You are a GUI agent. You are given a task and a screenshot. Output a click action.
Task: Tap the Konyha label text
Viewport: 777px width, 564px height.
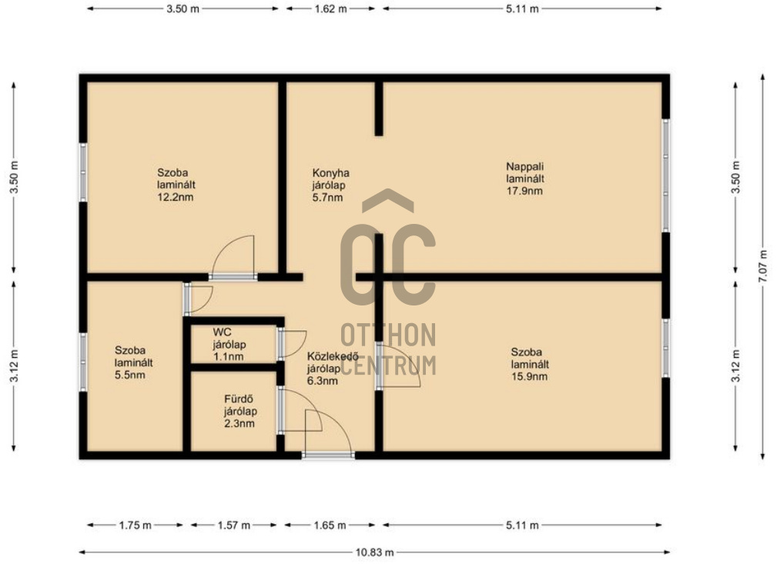tap(330, 173)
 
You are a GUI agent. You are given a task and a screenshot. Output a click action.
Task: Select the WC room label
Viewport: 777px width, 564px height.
tap(222, 332)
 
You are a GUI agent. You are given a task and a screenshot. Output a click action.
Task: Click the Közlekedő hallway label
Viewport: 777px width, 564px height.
tap(333, 356)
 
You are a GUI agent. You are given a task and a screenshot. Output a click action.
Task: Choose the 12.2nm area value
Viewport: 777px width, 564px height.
tap(175, 197)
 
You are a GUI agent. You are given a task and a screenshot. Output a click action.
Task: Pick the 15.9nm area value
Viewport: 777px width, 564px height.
tap(529, 376)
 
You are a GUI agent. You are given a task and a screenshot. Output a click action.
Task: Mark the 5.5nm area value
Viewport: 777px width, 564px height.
tap(130, 375)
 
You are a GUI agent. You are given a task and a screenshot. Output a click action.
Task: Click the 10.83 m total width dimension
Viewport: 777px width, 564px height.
tap(374, 552)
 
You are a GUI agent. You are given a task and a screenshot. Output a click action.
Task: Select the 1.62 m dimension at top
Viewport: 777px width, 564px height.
tap(330, 9)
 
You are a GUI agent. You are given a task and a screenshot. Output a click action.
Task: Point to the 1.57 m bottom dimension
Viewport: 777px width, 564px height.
tap(234, 525)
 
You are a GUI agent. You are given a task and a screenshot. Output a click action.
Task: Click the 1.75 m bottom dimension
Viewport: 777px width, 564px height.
tap(136, 525)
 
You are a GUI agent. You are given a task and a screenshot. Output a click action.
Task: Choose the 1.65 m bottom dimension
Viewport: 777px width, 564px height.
tap(330, 525)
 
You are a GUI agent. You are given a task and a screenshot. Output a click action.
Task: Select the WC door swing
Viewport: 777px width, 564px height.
tap(291, 343)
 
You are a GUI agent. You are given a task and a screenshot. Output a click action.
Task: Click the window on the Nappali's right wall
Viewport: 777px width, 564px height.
tap(666, 175)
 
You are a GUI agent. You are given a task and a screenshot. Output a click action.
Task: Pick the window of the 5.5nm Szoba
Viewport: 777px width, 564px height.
tap(82, 362)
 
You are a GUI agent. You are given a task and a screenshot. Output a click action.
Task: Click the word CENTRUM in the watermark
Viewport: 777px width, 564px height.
tap(388, 365)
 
